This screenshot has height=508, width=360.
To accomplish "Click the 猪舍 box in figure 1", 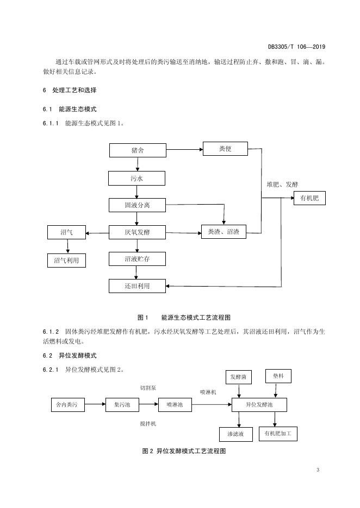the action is point(138,150).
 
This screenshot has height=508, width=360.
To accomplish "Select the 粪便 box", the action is point(225,149).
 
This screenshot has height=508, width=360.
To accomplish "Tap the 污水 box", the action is point(136,179).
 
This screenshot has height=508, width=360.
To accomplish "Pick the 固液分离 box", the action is point(138,205).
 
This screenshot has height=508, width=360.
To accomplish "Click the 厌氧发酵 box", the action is point(138,232).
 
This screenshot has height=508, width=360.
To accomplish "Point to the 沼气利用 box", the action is point(66,261).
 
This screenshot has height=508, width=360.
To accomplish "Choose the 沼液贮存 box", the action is point(138,259).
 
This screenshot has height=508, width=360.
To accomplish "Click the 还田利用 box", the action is point(138,286).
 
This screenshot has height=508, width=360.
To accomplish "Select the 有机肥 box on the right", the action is point(309,198).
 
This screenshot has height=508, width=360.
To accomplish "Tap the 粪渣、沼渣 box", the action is point(224,232).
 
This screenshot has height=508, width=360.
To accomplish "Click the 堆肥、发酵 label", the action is point(282,185).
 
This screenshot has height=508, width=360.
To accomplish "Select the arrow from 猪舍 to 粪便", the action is point(184,149).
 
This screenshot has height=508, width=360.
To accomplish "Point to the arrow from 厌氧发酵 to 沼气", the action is point(97,233).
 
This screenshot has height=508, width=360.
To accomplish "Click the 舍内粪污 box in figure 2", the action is point(68,405).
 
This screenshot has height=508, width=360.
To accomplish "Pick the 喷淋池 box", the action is point(175,405).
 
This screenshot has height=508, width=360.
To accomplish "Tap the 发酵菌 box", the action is point(239,377).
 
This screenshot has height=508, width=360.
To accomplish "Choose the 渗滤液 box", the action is point(235,434).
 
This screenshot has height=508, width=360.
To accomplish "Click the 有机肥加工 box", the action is point(278,434).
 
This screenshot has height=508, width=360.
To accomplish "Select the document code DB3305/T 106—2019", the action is point(297,47).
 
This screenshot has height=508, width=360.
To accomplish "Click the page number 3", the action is point(318,470).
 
